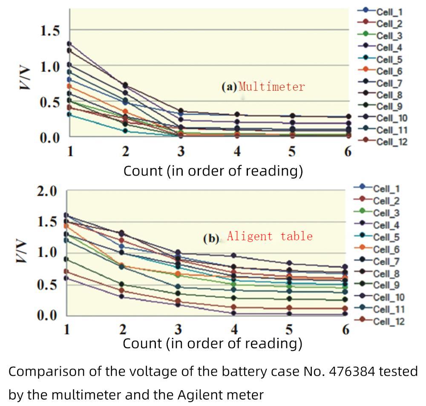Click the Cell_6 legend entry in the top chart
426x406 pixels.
point(389,71)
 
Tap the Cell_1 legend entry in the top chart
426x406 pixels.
point(389,12)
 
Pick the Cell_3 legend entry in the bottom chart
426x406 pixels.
point(386,212)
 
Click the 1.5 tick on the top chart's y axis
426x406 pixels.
point(50,31)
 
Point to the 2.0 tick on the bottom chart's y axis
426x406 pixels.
point(47,191)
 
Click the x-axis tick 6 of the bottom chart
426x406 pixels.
point(345,329)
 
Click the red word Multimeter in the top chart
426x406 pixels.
point(272,87)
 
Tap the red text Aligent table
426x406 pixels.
point(270,236)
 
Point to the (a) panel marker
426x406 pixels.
point(229,87)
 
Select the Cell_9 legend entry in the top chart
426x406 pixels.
point(389,107)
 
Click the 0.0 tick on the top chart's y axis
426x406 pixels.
point(50,138)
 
